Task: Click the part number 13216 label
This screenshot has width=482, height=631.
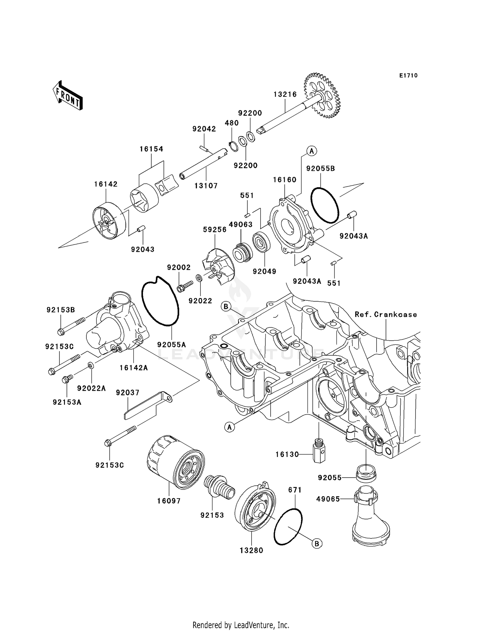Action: (285, 94)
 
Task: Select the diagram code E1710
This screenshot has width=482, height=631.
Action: (408, 76)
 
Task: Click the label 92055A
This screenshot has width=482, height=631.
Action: (172, 344)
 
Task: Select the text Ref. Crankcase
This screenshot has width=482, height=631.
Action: (386, 314)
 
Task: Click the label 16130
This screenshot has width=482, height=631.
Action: (287, 454)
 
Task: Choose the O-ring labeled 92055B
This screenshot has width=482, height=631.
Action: (325, 205)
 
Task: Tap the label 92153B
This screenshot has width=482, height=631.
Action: (61, 310)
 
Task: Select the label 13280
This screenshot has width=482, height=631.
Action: (251, 559)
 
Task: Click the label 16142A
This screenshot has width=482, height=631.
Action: (134, 367)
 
